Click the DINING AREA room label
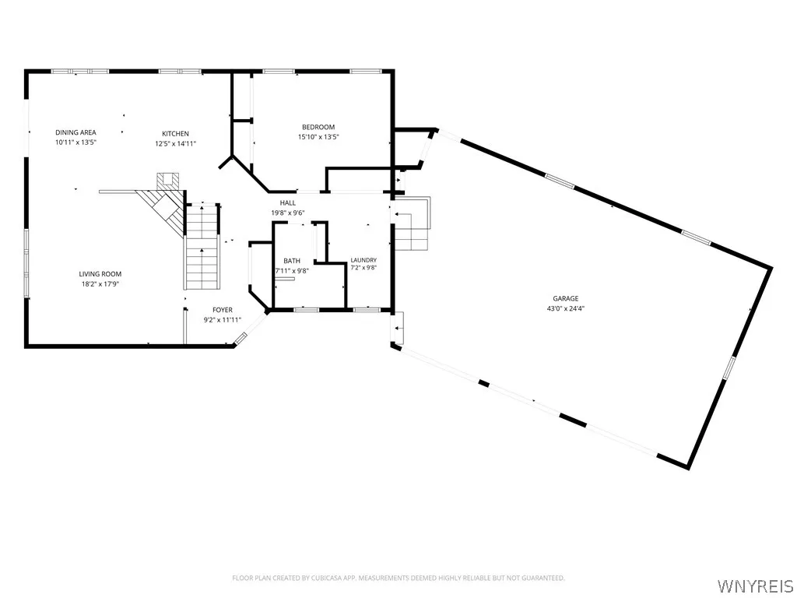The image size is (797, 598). tap(75, 132)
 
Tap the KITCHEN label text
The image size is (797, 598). tap(175, 134)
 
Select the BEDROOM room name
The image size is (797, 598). tap(318, 127)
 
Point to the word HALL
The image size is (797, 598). tap(288, 203)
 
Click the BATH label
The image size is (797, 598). tap(292, 261)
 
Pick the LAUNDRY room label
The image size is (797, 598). tap(363, 260)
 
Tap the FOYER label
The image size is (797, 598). tap(222, 310)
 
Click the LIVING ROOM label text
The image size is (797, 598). tap(100, 274)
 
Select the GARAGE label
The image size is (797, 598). tap(566, 298)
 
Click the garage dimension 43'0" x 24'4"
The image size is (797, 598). tap(566, 308)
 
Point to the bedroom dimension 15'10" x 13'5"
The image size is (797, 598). tap(318, 137)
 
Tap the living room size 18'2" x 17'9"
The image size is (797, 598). tap(100, 283)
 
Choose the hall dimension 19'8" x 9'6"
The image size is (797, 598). tap(288, 213)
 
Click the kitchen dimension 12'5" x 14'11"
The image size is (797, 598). tap(175, 143)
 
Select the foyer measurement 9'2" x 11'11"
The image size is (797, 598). tap(222, 320)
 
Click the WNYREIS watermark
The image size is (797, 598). tap(754, 586)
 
